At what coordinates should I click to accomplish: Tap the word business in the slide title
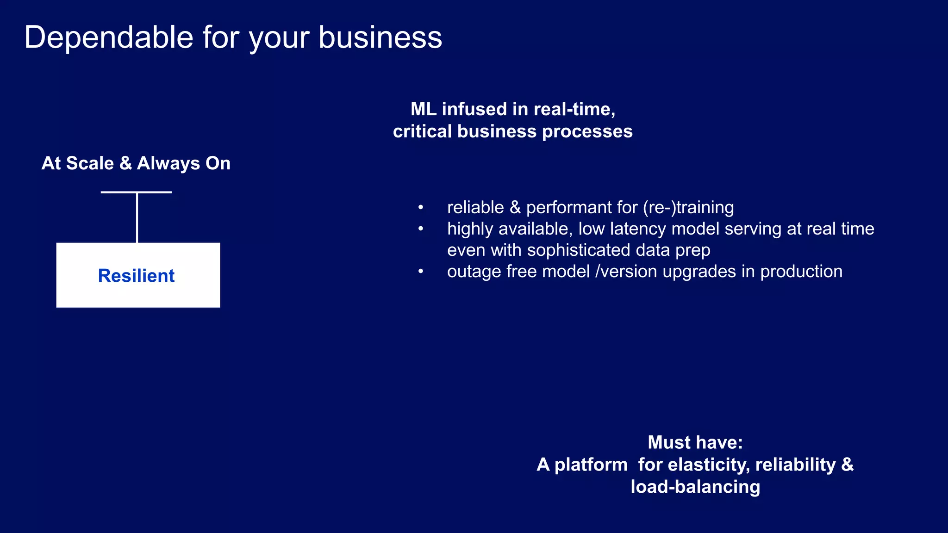pos(380,37)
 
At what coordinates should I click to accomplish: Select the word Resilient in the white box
pos(136,276)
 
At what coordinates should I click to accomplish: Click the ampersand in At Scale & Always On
pos(125,163)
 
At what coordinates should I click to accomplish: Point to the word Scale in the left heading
pos(90,163)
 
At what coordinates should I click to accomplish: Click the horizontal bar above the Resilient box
pos(136,192)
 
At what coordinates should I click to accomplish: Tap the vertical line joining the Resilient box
pos(137,217)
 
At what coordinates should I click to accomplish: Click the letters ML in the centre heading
pos(424,109)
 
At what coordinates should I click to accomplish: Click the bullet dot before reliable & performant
pos(421,207)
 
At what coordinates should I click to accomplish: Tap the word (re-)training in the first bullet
pos(688,207)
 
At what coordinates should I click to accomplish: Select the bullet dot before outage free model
pos(421,271)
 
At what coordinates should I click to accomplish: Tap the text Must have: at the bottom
pos(695,442)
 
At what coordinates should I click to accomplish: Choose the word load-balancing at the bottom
pos(695,487)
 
